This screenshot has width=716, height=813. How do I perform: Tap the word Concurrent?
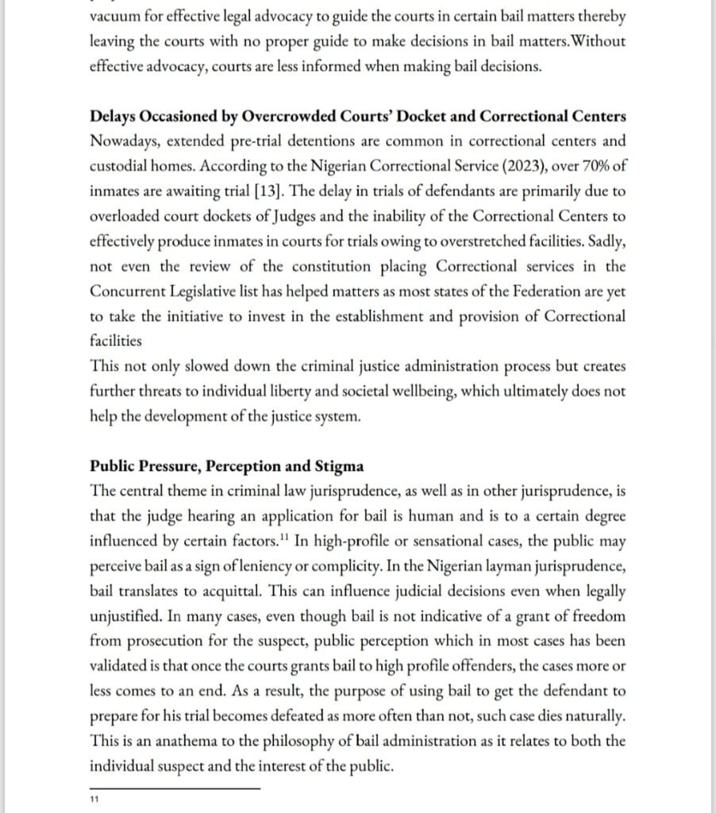click(125, 291)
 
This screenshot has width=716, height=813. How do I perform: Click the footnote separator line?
click(175, 788)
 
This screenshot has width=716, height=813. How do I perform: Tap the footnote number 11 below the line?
click(94, 800)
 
